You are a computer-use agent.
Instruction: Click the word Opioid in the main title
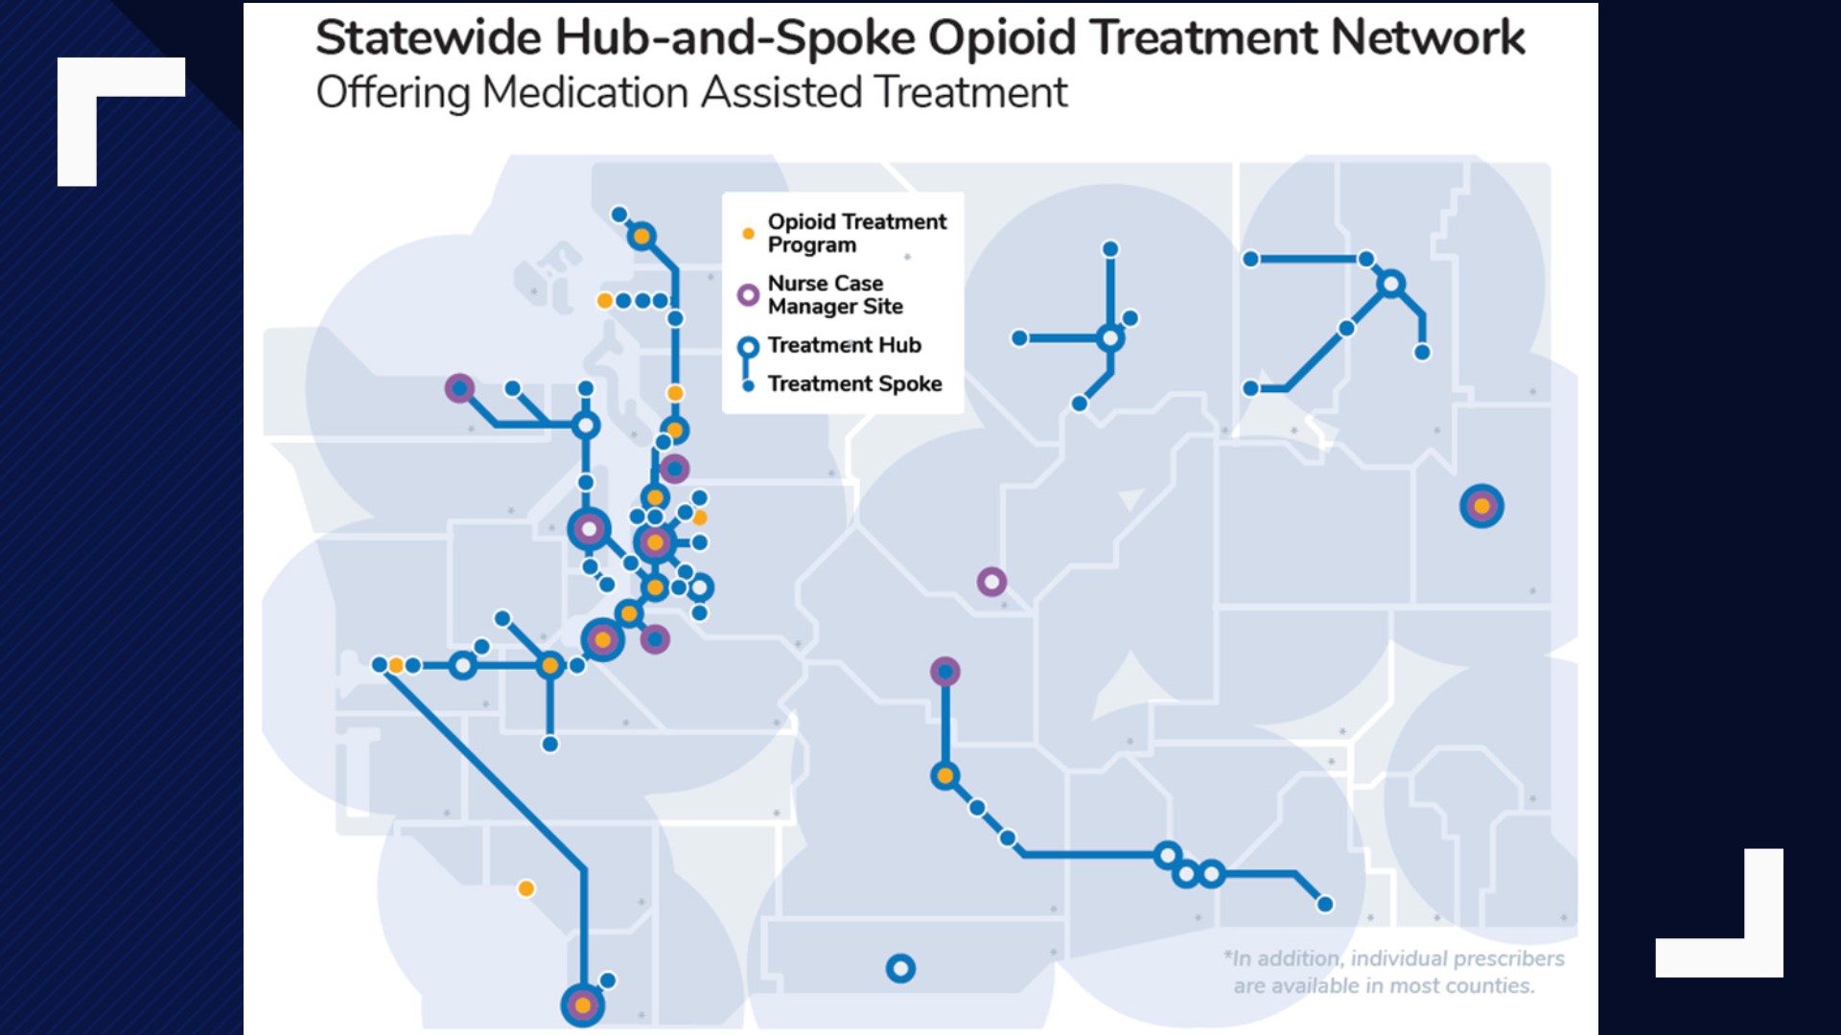tap(1002, 38)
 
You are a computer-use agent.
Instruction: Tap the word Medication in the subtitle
tap(585, 93)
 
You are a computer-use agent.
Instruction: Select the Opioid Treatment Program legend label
tap(856, 233)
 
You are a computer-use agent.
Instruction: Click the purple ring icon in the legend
tap(748, 295)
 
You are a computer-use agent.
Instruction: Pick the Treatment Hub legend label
tap(844, 345)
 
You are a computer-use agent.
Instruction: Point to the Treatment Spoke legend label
tap(854, 383)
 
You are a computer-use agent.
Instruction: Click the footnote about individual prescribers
tap(1392, 972)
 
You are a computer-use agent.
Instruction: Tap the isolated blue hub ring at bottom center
tap(899, 969)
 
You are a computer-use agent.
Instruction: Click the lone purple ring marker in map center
tap(991, 582)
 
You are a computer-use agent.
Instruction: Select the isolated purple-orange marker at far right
tap(1481, 506)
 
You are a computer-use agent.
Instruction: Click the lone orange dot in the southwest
tap(525, 888)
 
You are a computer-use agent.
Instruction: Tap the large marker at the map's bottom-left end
tap(582, 1005)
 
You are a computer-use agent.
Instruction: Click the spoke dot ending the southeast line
tap(1324, 904)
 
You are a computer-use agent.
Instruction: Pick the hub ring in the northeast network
tap(1390, 284)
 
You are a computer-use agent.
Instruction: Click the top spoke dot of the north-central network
tap(1110, 249)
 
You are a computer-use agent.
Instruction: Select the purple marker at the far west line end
tap(459, 388)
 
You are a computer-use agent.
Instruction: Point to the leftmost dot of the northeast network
tap(1250, 259)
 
